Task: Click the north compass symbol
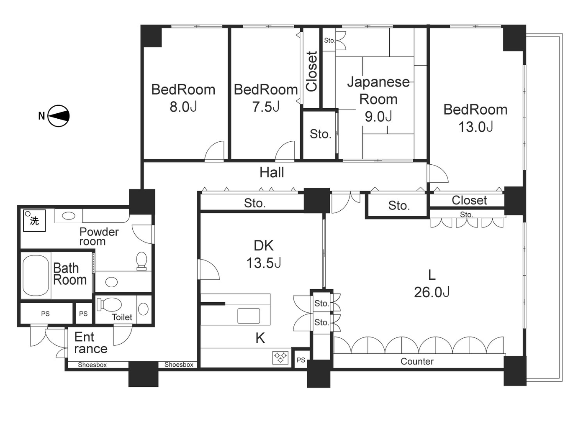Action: (x=58, y=116)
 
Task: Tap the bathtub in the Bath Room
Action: (x=36, y=276)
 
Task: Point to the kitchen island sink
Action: (x=249, y=316)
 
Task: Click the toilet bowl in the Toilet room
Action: (x=110, y=305)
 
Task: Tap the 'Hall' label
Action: (x=272, y=172)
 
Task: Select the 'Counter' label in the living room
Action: (x=417, y=361)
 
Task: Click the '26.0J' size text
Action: (x=432, y=292)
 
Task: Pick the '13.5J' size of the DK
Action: (x=263, y=263)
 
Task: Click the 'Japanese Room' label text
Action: (x=378, y=90)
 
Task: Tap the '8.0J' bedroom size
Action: (x=183, y=107)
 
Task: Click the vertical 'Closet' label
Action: (x=311, y=71)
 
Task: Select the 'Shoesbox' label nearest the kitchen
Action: (x=179, y=365)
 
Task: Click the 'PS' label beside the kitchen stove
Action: (x=301, y=360)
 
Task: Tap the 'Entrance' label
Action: (x=90, y=343)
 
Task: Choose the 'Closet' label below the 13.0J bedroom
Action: (x=469, y=200)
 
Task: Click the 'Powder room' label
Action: (x=99, y=236)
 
